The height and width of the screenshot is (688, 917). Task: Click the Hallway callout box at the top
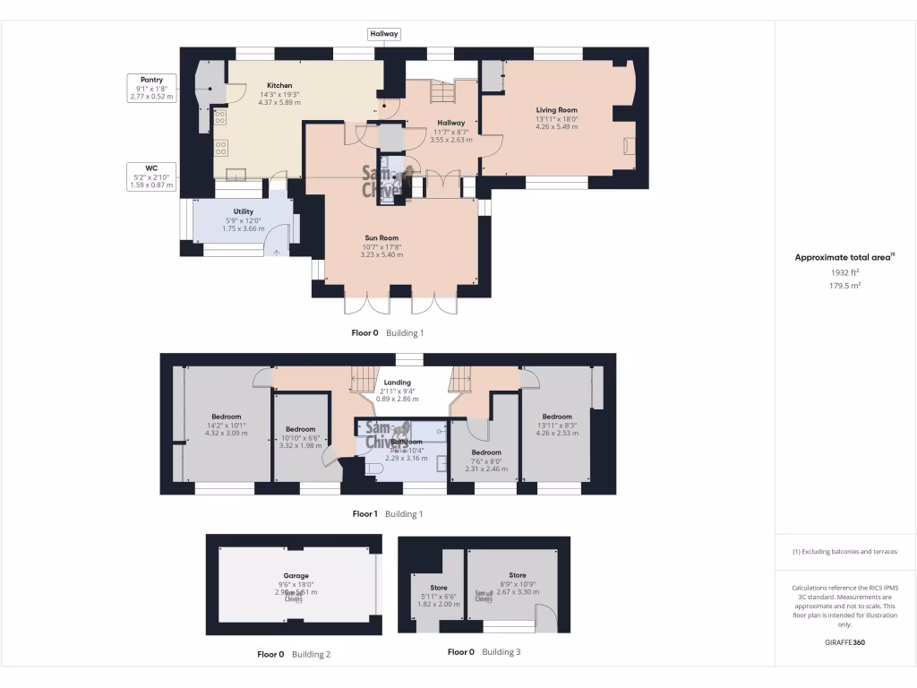384,34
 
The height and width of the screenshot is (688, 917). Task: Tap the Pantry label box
151,87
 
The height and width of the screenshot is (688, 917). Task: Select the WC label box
151,176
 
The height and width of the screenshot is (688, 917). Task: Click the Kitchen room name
279,85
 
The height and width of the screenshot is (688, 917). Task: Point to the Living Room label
556,110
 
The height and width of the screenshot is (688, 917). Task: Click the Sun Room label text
381,237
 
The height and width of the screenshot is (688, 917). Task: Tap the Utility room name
243,211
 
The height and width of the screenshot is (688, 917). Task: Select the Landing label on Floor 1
397,383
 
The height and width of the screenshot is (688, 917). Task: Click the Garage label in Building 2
296,576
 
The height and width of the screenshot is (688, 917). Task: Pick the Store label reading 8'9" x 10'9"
518,575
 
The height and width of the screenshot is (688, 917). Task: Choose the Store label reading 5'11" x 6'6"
438,588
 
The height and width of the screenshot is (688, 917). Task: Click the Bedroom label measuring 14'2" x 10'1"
226,416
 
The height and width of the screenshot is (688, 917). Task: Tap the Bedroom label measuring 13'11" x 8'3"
556,416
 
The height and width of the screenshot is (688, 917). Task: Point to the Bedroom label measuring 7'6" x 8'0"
486,452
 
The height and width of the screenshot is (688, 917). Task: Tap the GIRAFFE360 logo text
844,642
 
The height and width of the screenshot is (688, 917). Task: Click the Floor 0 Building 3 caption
484,652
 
